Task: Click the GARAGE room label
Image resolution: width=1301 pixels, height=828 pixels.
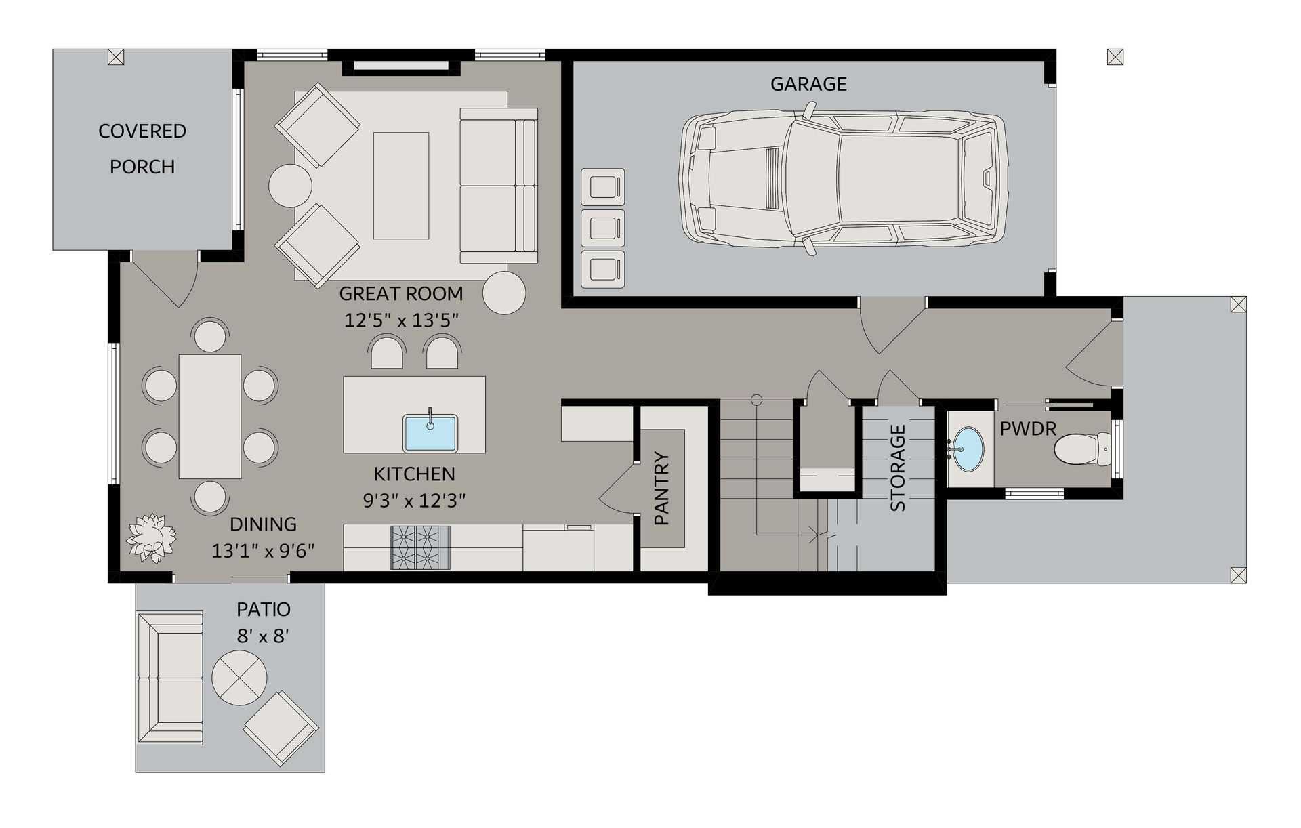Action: click(x=808, y=84)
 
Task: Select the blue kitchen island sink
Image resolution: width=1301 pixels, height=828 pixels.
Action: click(x=430, y=433)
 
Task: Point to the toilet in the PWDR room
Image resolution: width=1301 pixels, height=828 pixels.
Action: click(x=1083, y=449)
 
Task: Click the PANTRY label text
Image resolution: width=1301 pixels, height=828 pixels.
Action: click(x=662, y=489)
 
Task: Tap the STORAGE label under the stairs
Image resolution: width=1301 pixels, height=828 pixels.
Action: click(x=897, y=468)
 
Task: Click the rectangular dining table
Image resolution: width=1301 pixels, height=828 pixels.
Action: click(x=210, y=416)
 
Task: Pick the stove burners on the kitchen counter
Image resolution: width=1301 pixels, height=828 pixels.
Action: click(x=420, y=547)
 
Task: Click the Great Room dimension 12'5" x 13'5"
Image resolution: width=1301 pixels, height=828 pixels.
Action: click(x=401, y=320)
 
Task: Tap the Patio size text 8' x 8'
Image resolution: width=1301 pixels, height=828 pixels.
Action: click(x=263, y=636)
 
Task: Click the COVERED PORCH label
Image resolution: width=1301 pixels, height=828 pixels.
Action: click(x=142, y=148)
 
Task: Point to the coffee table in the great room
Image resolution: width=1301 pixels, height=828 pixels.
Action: click(x=401, y=185)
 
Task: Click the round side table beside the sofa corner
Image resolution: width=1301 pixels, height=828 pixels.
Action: click(x=504, y=293)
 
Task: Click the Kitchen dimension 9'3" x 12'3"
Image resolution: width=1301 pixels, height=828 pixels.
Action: click(x=414, y=501)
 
